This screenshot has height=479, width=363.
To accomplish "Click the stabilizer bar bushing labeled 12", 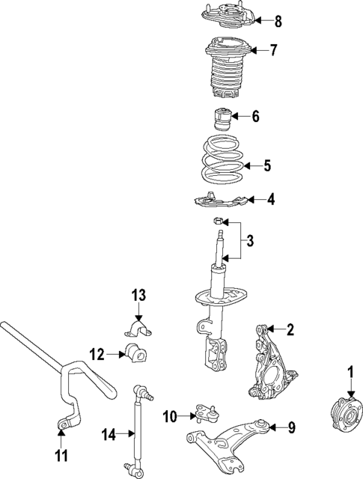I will (x=135, y=353).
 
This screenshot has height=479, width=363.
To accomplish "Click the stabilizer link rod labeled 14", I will (x=137, y=430).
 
